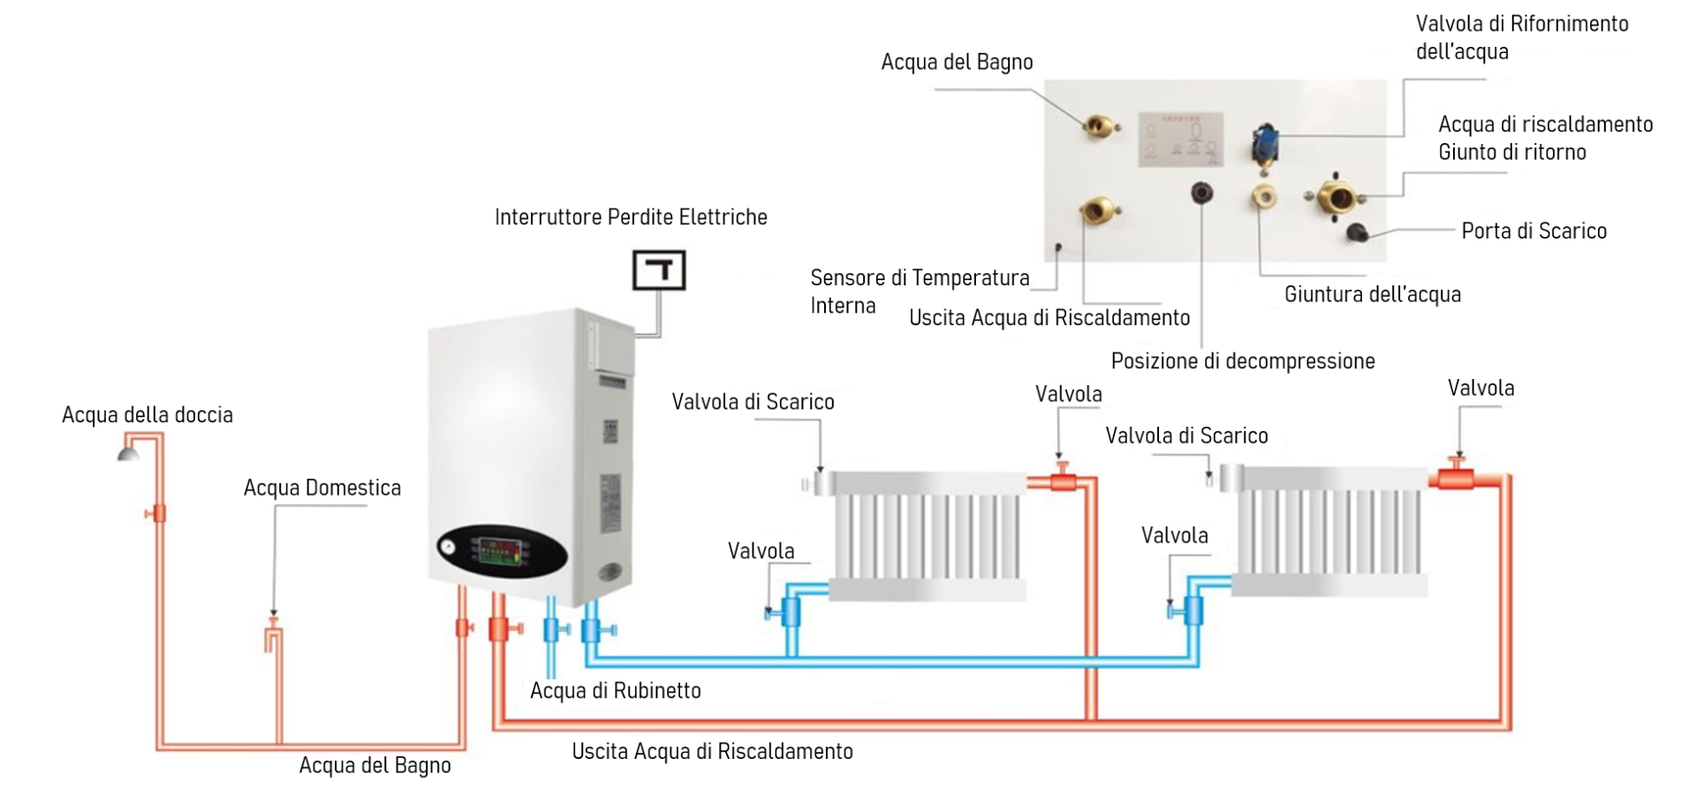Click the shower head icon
(129, 452)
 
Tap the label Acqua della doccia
(148, 415)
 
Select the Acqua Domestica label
(322, 488)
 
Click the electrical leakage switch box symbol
(659, 270)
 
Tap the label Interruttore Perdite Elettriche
(631, 217)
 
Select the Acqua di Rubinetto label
(616, 691)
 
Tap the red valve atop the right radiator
(1457, 476)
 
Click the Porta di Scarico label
(1533, 231)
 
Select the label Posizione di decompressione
(1243, 361)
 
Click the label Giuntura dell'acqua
(1373, 295)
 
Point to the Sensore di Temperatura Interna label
(919, 292)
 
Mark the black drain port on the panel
(1358, 232)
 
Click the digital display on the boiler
(500, 551)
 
